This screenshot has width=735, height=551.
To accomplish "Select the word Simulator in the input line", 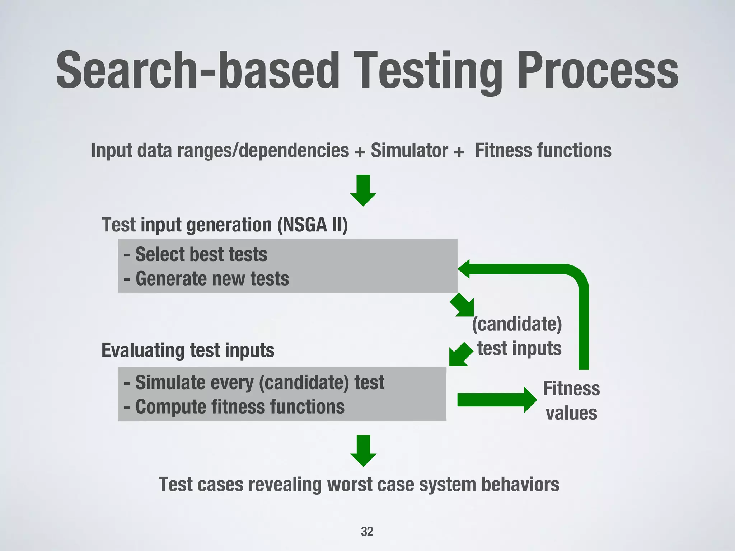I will [409, 150].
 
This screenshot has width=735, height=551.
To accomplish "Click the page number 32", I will [367, 531].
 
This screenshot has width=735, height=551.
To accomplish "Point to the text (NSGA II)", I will [312, 225].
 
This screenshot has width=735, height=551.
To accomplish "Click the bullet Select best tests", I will [196, 254].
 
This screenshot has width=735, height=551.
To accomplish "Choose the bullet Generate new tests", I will [206, 279].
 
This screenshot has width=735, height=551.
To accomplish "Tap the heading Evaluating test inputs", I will [188, 350].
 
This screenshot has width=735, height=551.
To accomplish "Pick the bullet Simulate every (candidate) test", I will [254, 382].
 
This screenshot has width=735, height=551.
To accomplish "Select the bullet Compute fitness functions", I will [234, 407].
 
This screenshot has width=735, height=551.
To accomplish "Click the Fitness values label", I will [571, 401].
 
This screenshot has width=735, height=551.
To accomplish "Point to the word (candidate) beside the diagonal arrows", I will [517, 324].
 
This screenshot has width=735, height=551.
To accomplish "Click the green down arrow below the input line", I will [363, 190].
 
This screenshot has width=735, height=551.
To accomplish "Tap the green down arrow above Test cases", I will [363, 451].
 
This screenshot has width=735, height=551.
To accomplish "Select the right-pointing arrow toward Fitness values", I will [497, 400].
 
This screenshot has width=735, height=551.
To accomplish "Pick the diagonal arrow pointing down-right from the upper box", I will [463, 305].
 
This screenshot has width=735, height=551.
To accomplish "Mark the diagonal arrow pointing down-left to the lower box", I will [460, 355].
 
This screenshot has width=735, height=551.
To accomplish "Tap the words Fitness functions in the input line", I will [543, 150].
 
